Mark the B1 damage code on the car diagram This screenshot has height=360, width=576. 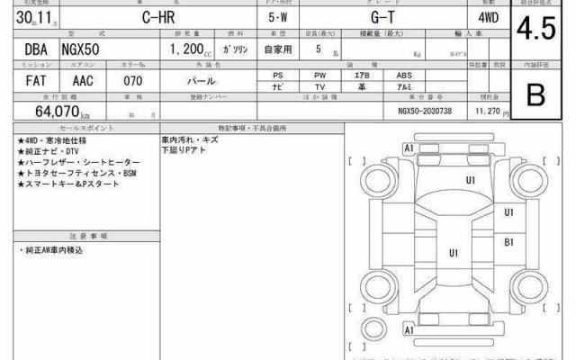pyautogui.click(x=508, y=242)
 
